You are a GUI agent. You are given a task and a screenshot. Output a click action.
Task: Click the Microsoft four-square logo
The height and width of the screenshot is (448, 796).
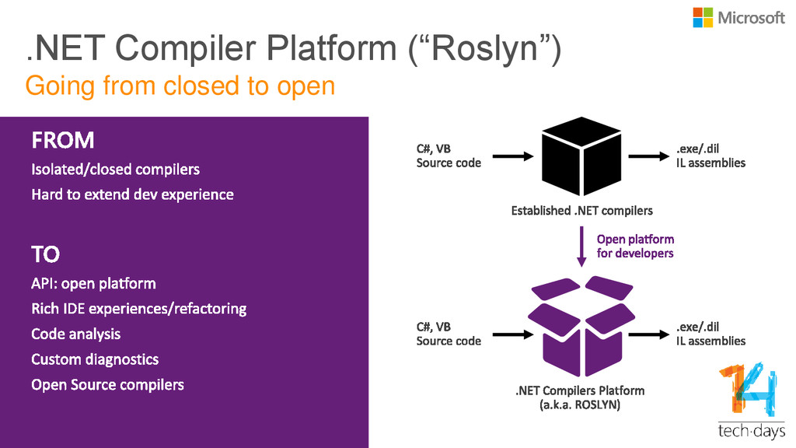(703, 17)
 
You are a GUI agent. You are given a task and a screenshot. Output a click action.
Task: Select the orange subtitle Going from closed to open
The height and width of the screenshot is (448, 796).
(180, 86)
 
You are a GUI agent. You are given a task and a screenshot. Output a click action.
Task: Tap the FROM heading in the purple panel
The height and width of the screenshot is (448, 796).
(63, 140)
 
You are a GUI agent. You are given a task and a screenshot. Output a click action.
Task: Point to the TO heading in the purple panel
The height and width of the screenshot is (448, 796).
(46, 254)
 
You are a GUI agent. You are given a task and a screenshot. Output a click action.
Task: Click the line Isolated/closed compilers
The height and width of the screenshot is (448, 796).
(116, 169)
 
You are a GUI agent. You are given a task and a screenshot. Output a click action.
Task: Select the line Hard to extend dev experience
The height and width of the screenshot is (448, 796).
(132, 194)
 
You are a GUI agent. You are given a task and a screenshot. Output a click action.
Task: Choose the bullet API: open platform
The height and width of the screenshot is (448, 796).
(93, 283)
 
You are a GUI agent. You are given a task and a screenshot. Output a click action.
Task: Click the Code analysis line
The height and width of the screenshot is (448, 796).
(76, 334)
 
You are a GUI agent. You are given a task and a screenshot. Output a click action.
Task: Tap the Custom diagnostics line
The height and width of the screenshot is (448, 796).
(95, 359)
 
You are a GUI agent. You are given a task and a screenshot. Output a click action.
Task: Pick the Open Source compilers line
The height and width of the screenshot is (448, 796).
(107, 385)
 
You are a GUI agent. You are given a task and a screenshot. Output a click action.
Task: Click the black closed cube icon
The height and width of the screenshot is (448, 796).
(581, 156)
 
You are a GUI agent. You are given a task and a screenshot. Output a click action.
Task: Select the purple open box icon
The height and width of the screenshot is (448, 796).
(581, 326)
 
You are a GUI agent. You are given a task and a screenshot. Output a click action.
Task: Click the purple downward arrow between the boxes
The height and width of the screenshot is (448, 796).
(581, 247)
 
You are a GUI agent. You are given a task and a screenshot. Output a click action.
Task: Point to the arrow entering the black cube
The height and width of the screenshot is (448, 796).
(513, 156)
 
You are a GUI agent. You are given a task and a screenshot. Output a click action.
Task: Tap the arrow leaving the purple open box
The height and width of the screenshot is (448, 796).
(649, 334)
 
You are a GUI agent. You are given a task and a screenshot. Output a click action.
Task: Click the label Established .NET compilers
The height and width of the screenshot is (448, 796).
(581, 211)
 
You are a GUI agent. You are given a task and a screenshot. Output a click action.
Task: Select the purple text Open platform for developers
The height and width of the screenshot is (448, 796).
(635, 247)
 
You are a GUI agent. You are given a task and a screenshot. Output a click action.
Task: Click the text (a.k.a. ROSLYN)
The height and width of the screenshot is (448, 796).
(580, 404)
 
